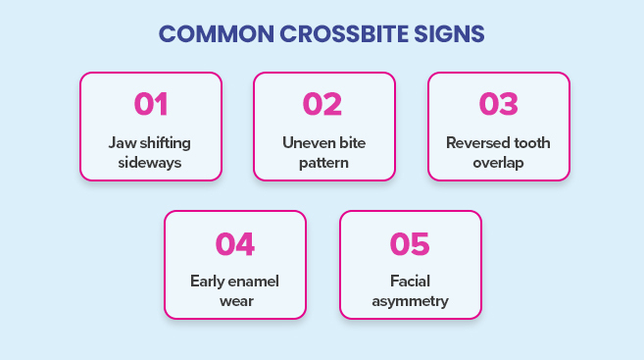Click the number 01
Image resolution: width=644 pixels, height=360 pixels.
151,104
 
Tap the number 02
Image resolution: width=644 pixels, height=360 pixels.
324,104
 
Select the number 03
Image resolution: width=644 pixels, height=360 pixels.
498,104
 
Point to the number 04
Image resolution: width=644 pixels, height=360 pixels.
235,242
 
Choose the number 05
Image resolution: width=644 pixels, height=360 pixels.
410,242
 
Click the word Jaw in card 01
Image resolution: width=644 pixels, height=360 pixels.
122,142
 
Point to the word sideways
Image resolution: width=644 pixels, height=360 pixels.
151,162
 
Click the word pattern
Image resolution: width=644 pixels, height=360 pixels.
324,162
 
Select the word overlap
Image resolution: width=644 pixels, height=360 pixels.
498,162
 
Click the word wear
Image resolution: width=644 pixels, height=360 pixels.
235,300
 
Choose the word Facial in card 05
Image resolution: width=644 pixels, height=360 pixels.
410,281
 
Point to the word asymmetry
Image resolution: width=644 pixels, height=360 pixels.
410,300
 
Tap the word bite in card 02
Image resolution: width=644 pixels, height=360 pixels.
352,142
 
